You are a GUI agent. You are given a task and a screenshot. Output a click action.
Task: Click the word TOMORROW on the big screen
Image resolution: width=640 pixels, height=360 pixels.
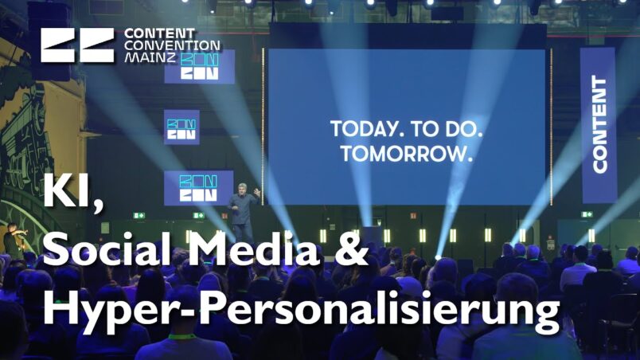click(407, 154)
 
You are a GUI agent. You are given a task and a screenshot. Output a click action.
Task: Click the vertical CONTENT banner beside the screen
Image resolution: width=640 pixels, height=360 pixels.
click(599, 124)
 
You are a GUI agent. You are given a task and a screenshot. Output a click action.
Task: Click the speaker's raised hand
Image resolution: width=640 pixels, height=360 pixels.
click(257, 191)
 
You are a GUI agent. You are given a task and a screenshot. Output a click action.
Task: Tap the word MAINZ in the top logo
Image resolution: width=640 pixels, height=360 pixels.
click(150, 57)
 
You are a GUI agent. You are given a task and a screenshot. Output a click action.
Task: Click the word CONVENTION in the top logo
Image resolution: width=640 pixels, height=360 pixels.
click(172, 45)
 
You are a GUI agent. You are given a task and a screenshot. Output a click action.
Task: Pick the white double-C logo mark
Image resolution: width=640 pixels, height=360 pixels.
click(77, 45)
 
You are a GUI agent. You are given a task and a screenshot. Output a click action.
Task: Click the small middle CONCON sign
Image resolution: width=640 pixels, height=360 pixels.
click(181, 127)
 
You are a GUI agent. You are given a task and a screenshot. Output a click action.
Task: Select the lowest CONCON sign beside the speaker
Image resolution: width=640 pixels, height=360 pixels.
click(199, 188)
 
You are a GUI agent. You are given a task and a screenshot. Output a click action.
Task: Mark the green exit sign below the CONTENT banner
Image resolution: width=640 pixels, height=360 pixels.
click(587, 214)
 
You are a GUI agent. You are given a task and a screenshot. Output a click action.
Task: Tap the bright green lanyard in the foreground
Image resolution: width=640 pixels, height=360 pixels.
click(182, 337)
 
